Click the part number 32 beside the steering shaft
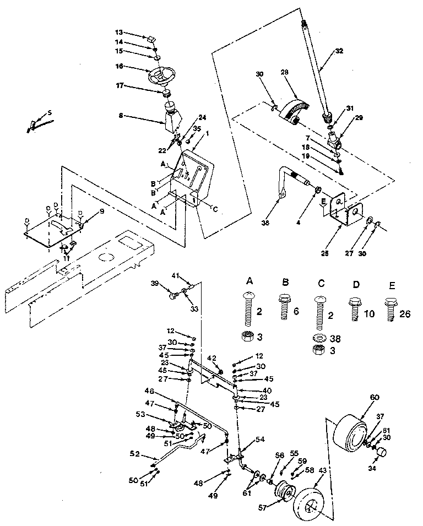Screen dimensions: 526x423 tap(339, 50)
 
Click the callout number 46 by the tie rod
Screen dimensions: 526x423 tap(148, 391)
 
